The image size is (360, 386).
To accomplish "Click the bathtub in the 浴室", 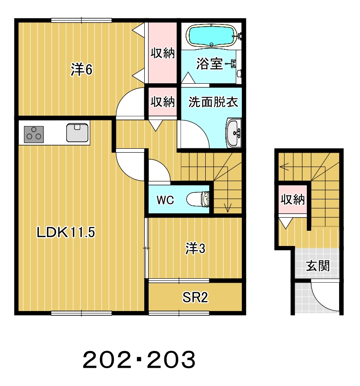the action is [x=212, y=36].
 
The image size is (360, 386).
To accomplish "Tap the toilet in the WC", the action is [x=197, y=199].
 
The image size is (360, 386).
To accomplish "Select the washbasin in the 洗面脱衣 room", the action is [x=234, y=133].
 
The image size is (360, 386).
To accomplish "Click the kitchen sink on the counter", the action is [x=77, y=133].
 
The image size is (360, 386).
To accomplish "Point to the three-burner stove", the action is [x=34, y=134].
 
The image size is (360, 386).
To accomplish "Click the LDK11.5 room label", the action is [x=66, y=232].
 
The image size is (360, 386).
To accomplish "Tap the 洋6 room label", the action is [x=82, y=69].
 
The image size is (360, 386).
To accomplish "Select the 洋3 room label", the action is [x=195, y=248].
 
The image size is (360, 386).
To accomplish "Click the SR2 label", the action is [x=195, y=297].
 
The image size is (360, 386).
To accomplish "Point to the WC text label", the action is [x=165, y=200].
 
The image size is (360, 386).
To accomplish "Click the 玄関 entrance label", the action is [x=318, y=266].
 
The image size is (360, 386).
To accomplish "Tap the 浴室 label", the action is [x=209, y=64].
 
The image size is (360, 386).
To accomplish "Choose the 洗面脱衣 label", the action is [x=213, y=102].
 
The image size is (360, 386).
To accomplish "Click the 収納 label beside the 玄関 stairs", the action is [x=292, y=199].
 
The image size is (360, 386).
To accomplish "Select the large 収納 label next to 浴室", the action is [x=163, y=53].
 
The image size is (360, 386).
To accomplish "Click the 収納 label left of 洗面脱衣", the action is [x=163, y=102].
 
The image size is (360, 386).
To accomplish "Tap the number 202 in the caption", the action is [x=107, y=360].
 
